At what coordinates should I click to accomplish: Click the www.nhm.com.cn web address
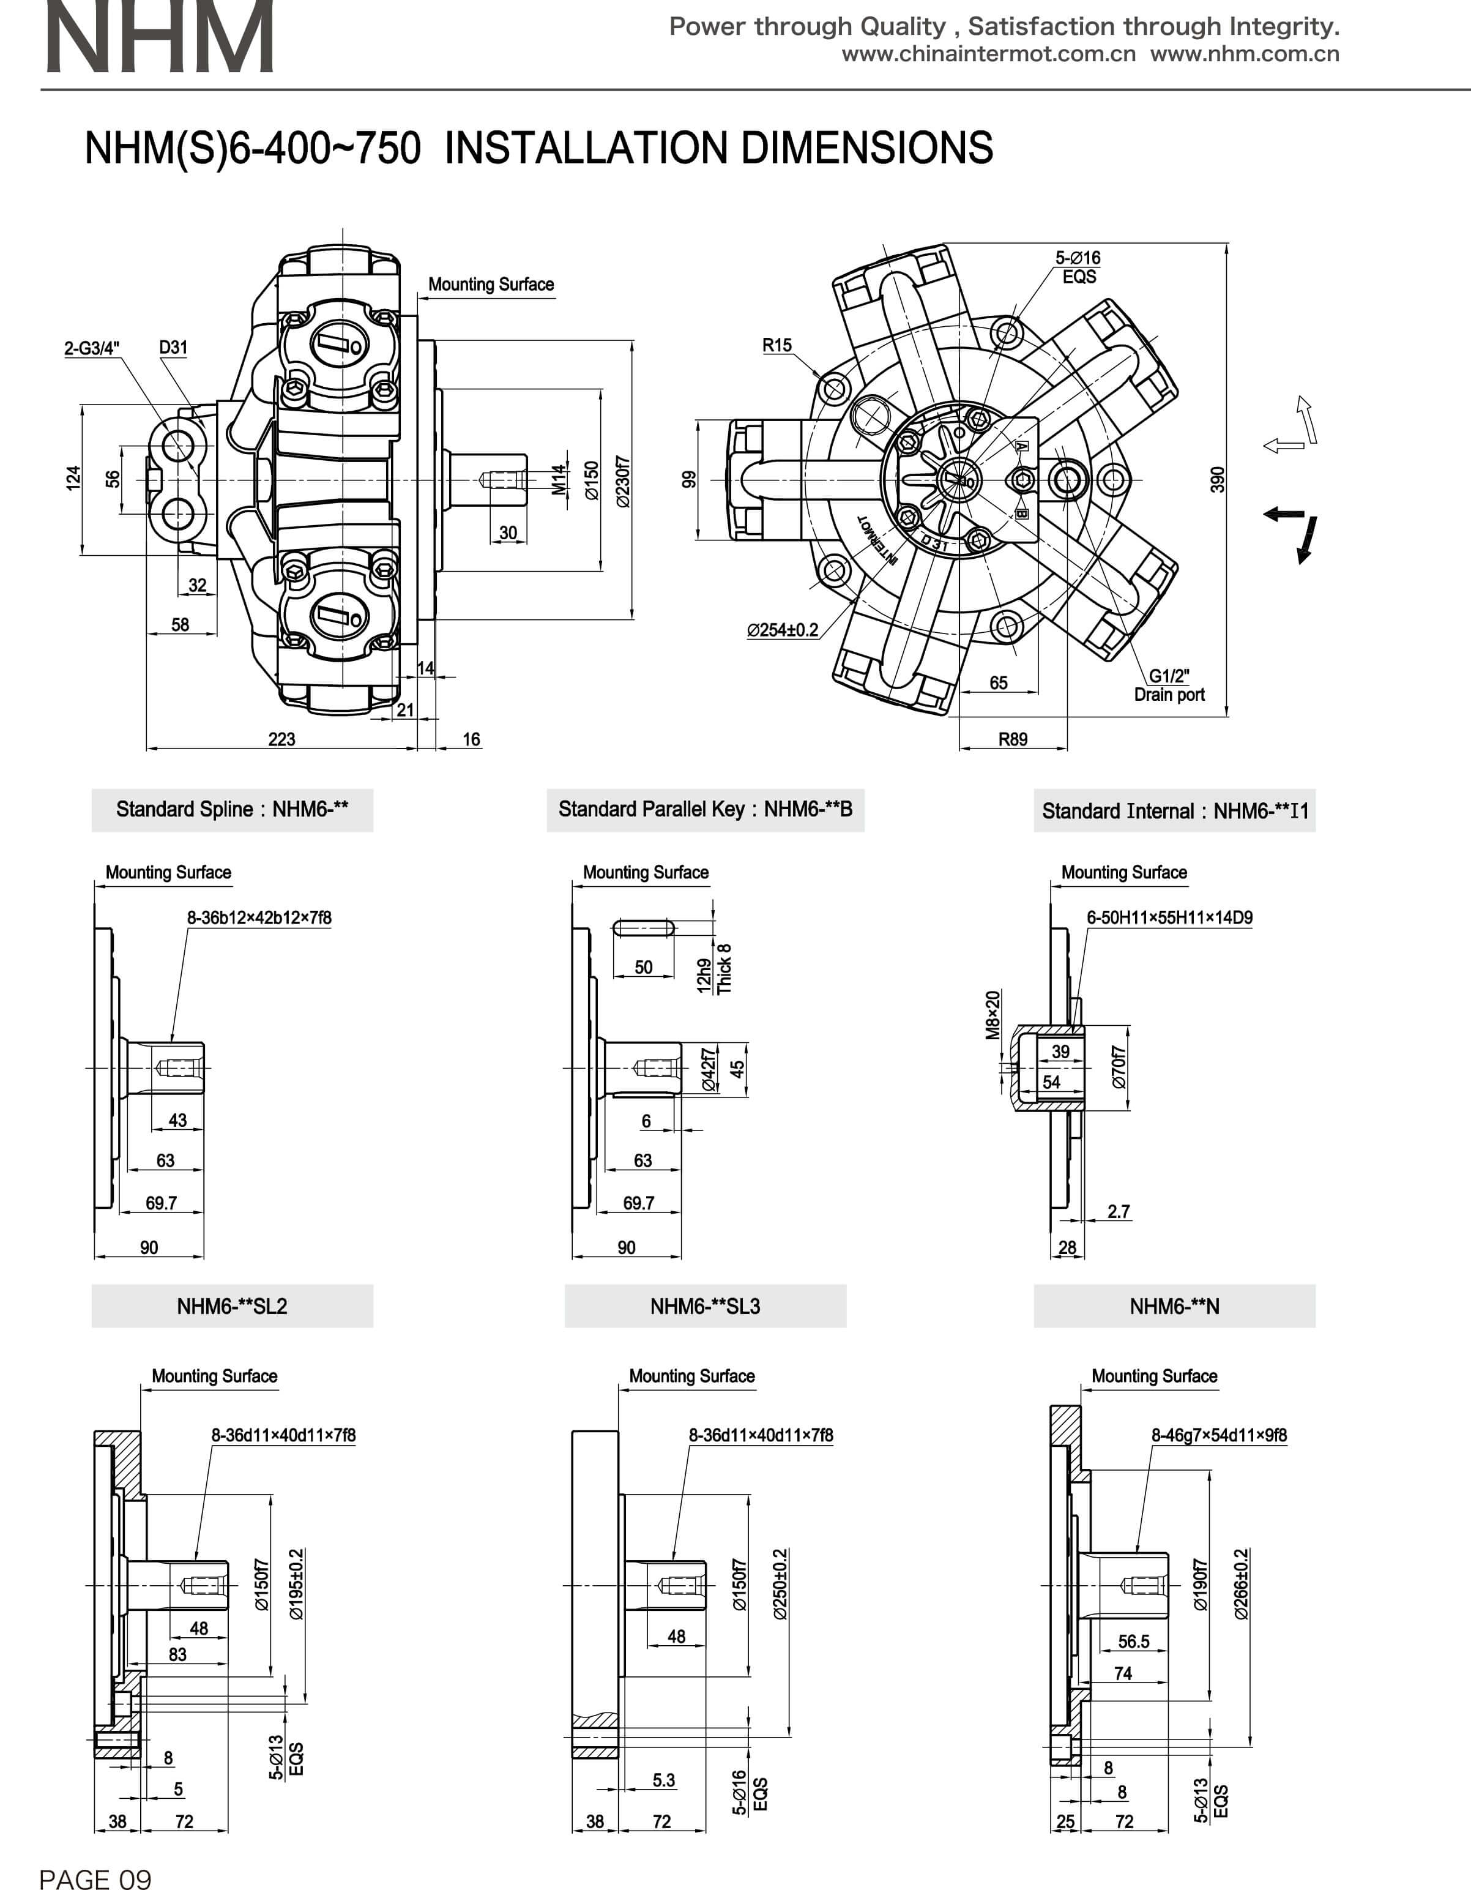pyautogui.click(x=1245, y=54)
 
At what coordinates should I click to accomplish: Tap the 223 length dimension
pyautogui.click(x=281, y=739)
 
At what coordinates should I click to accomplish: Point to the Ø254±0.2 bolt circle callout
pyautogui.click(x=782, y=630)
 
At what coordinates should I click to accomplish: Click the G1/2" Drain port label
pyautogui.click(x=1169, y=685)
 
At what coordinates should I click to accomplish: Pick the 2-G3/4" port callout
pyautogui.click(x=92, y=348)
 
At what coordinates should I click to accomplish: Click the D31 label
pyautogui.click(x=173, y=347)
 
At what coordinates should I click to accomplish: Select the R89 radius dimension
pyautogui.click(x=1013, y=739)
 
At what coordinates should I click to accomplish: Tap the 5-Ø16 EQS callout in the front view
pyautogui.click(x=1078, y=266)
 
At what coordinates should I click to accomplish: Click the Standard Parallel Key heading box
pyautogui.click(x=706, y=809)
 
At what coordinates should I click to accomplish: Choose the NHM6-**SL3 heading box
pyautogui.click(x=706, y=1306)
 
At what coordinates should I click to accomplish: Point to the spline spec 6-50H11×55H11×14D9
pyautogui.click(x=1169, y=917)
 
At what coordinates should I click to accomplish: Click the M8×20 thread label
pyautogui.click(x=992, y=1014)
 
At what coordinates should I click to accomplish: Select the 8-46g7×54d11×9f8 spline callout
pyautogui.click(x=1218, y=1435)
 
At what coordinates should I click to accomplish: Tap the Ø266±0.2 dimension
pyautogui.click(x=1241, y=1583)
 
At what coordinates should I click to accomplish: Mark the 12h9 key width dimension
pyautogui.click(x=704, y=974)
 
